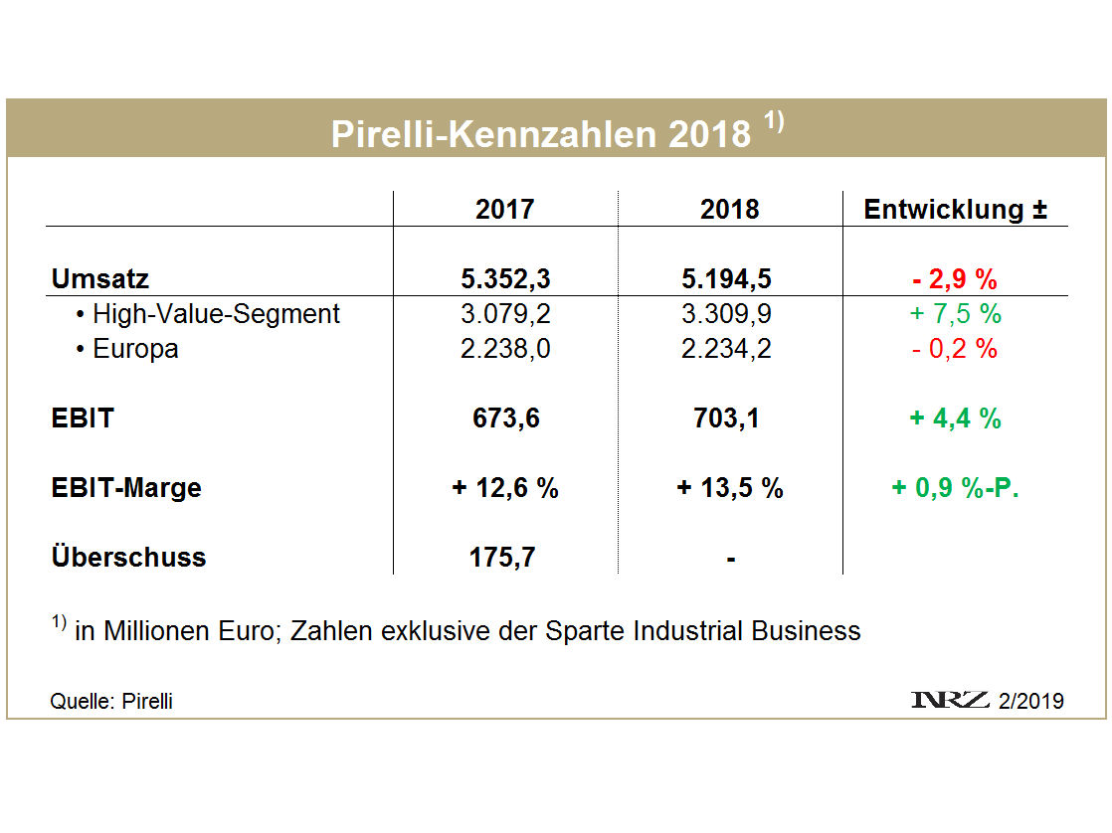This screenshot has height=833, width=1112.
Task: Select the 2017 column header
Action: [x=504, y=210]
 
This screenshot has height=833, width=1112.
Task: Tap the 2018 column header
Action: [x=729, y=210]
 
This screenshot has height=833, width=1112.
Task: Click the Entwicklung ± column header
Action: [x=955, y=210]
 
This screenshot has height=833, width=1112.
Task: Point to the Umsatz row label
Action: [x=100, y=279]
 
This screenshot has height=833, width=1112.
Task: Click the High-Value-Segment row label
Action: [x=215, y=315]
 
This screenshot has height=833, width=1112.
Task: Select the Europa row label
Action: [x=135, y=349]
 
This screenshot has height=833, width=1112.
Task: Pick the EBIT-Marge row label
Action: [x=126, y=488]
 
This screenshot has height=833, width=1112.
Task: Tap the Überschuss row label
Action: [x=128, y=557]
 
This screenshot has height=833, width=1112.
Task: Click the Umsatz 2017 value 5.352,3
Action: [x=504, y=279]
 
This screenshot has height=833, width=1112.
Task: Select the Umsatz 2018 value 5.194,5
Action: [x=729, y=279]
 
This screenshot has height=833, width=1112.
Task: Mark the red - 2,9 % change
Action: [x=955, y=279]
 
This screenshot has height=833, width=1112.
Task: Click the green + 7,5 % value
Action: [x=955, y=315]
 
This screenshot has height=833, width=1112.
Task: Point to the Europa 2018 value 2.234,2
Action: [x=729, y=349]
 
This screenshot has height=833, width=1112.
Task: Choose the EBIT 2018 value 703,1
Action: [x=729, y=418]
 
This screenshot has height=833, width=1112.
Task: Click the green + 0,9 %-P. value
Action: [x=955, y=488]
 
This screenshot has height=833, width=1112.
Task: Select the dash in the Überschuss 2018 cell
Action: [x=730, y=559]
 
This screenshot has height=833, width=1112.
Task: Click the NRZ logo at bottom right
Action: [x=950, y=700]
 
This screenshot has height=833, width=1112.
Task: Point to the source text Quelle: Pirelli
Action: [x=111, y=701]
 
